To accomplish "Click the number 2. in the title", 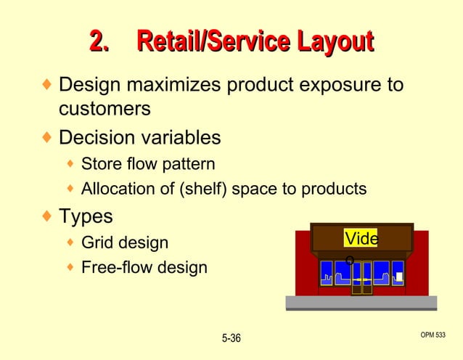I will tap(99, 41).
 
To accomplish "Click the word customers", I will tap(105, 109).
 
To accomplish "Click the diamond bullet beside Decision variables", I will tap(47, 136).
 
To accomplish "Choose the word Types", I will tap(86, 216).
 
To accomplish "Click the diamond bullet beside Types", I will tap(47, 216).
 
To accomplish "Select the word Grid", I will tap(97, 242).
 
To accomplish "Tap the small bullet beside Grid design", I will tap(70, 242).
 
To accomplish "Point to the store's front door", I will tap(361, 279).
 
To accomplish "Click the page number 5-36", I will tap(231, 338).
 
